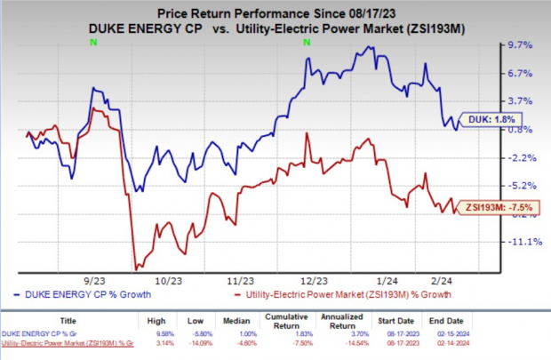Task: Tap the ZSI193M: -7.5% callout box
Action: (494, 207)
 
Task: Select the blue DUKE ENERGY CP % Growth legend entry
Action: (92, 294)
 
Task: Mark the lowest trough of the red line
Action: (135, 268)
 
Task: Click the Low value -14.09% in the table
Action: (212, 341)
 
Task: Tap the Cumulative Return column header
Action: (300, 323)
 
